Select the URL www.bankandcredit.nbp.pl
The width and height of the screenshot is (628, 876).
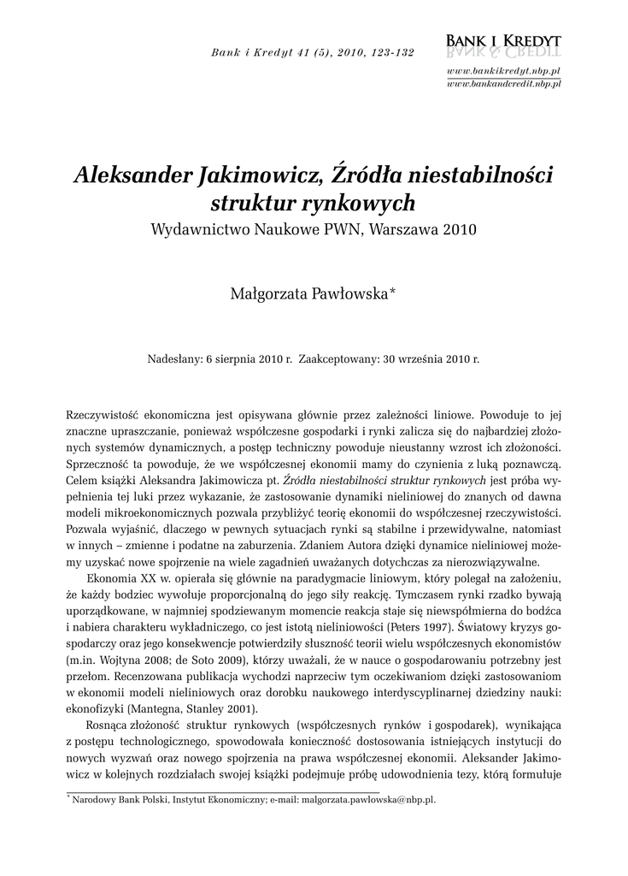(x=503, y=84)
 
